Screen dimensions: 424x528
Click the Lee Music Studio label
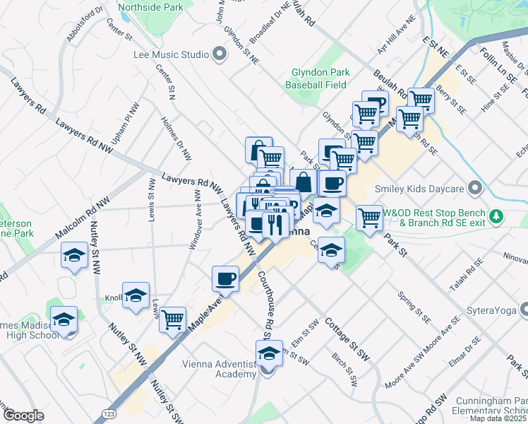tap(171, 54)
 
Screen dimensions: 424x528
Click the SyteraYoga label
tap(492, 310)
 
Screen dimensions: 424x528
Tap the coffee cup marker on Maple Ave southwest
tap(226, 278)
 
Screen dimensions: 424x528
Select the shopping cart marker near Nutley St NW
tap(173, 320)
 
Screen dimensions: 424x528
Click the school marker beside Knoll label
tap(136, 296)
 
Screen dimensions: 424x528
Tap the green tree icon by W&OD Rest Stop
tap(498, 215)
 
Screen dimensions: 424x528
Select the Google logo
tap(23, 416)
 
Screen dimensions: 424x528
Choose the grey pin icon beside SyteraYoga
tap(524, 310)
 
